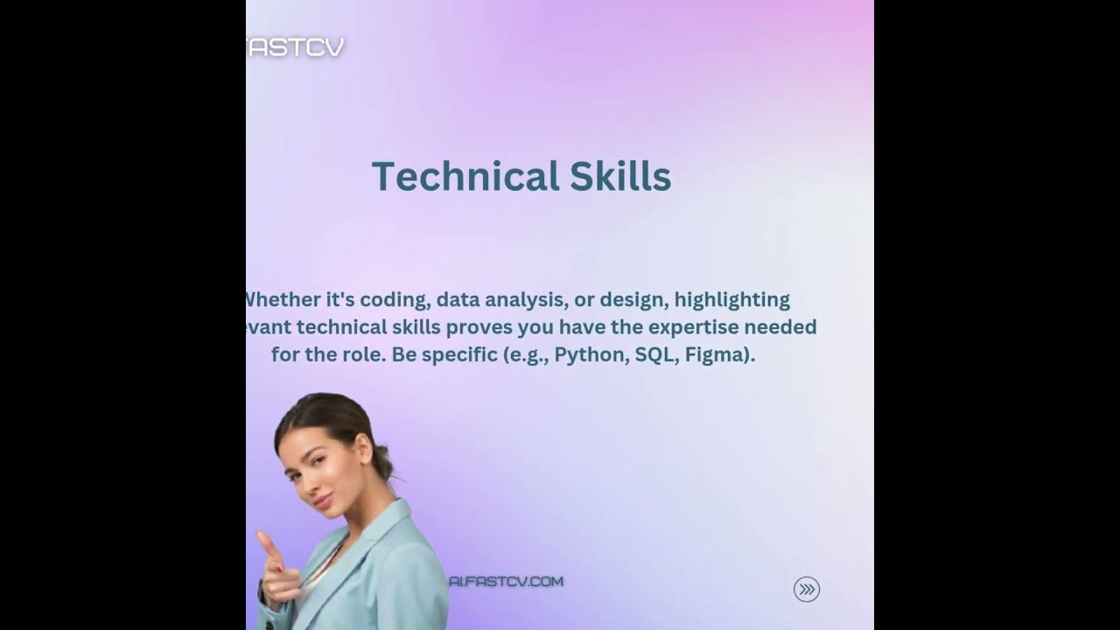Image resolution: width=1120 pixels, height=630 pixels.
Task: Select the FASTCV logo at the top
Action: pyautogui.click(x=296, y=47)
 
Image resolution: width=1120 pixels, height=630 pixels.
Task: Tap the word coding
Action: pyautogui.click(x=392, y=300)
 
